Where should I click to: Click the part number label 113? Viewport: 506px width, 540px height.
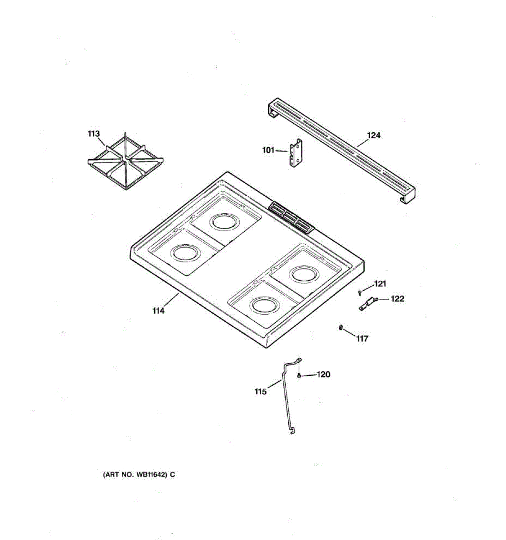point(94,134)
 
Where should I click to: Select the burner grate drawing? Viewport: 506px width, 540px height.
point(125,163)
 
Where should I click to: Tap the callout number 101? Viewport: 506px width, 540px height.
point(268,150)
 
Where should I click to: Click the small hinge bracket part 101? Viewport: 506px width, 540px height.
point(296,154)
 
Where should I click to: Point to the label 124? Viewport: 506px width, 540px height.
point(374,135)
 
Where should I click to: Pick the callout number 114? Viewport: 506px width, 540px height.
point(158,310)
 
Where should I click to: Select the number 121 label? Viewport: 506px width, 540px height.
point(380,283)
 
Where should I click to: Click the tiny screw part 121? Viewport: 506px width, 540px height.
point(360,293)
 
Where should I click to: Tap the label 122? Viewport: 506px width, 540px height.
point(397,298)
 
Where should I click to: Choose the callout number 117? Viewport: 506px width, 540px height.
point(362,339)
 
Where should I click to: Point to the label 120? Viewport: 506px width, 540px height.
point(323,374)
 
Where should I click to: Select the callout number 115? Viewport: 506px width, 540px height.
point(260,391)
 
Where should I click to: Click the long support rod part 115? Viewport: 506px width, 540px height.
point(286,396)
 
